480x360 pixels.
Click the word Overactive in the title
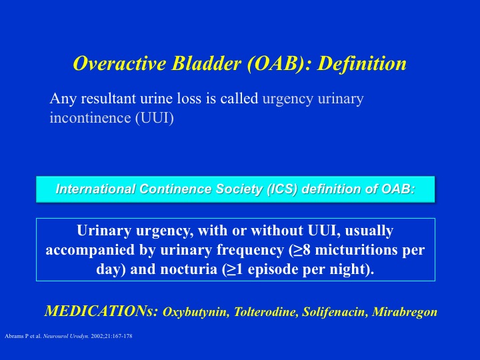(x=120, y=63)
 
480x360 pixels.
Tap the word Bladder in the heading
(x=206, y=63)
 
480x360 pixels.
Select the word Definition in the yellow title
(x=361, y=63)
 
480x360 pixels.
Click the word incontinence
(x=90, y=118)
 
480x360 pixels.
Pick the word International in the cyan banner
(x=95, y=189)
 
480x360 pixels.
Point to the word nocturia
(x=189, y=269)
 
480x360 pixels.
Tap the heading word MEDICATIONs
(x=101, y=311)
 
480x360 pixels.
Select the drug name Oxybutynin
(x=196, y=312)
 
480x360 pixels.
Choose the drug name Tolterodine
(x=266, y=312)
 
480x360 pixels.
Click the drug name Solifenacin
(x=335, y=312)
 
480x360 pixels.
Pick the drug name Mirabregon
(x=405, y=313)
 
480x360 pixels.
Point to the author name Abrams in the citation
(x=12, y=336)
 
